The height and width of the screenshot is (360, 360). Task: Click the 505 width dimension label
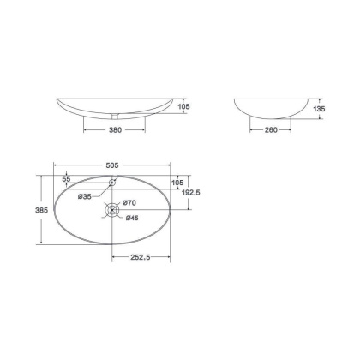[112, 165]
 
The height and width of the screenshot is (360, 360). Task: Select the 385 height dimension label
[41, 210]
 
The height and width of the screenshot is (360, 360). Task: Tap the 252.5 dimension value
[141, 257]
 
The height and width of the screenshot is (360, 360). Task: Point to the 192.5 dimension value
[191, 193]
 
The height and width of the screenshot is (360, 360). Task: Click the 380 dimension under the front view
[115, 130]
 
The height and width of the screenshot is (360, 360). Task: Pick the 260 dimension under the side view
[271, 130]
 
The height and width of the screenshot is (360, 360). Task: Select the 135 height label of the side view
[319, 109]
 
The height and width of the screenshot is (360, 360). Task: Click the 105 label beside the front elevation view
[183, 106]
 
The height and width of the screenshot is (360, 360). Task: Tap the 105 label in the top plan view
[177, 183]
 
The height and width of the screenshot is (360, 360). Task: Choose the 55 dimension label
[66, 179]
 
